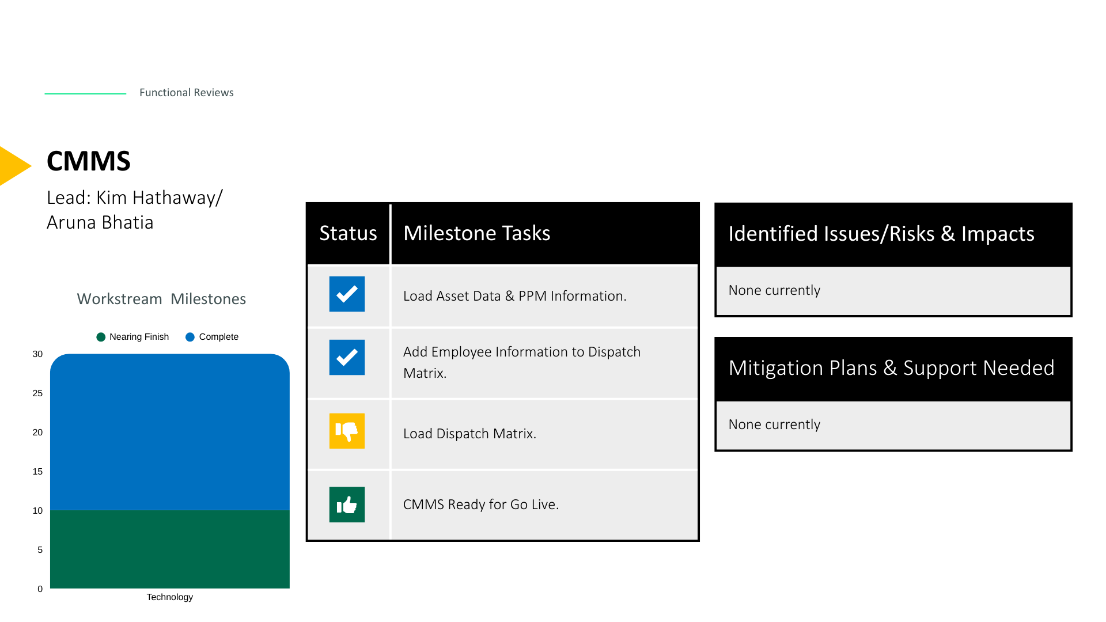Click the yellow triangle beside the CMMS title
click(x=13, y=166)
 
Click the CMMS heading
click(x=89, y=161)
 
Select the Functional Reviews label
click(x=187, y=93)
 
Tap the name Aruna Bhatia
click(x=100, y=222)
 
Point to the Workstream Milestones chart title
click(x=161, y=299)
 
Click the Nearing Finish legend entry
click(x=132, y=337)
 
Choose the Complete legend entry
click(x=212, y=337)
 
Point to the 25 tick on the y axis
click(x=37, y=393)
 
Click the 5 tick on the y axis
click(x=40, y=550)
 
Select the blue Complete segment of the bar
click(x=170, y=432)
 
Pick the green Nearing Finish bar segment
click(x=170, y=549)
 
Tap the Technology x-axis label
click(x=170, y=597)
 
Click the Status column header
click(x=349, y=233)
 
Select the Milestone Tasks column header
click(x=477, y=233)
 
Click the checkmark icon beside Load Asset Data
click(x=347, y=294)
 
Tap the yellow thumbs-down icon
click(x=347, y=431)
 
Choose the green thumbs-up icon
click(x=347, y=505)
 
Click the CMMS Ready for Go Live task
click(x=481, y=505)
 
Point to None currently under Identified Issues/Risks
click(x=774, y=290)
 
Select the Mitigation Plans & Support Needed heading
click(x=892, y=368)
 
